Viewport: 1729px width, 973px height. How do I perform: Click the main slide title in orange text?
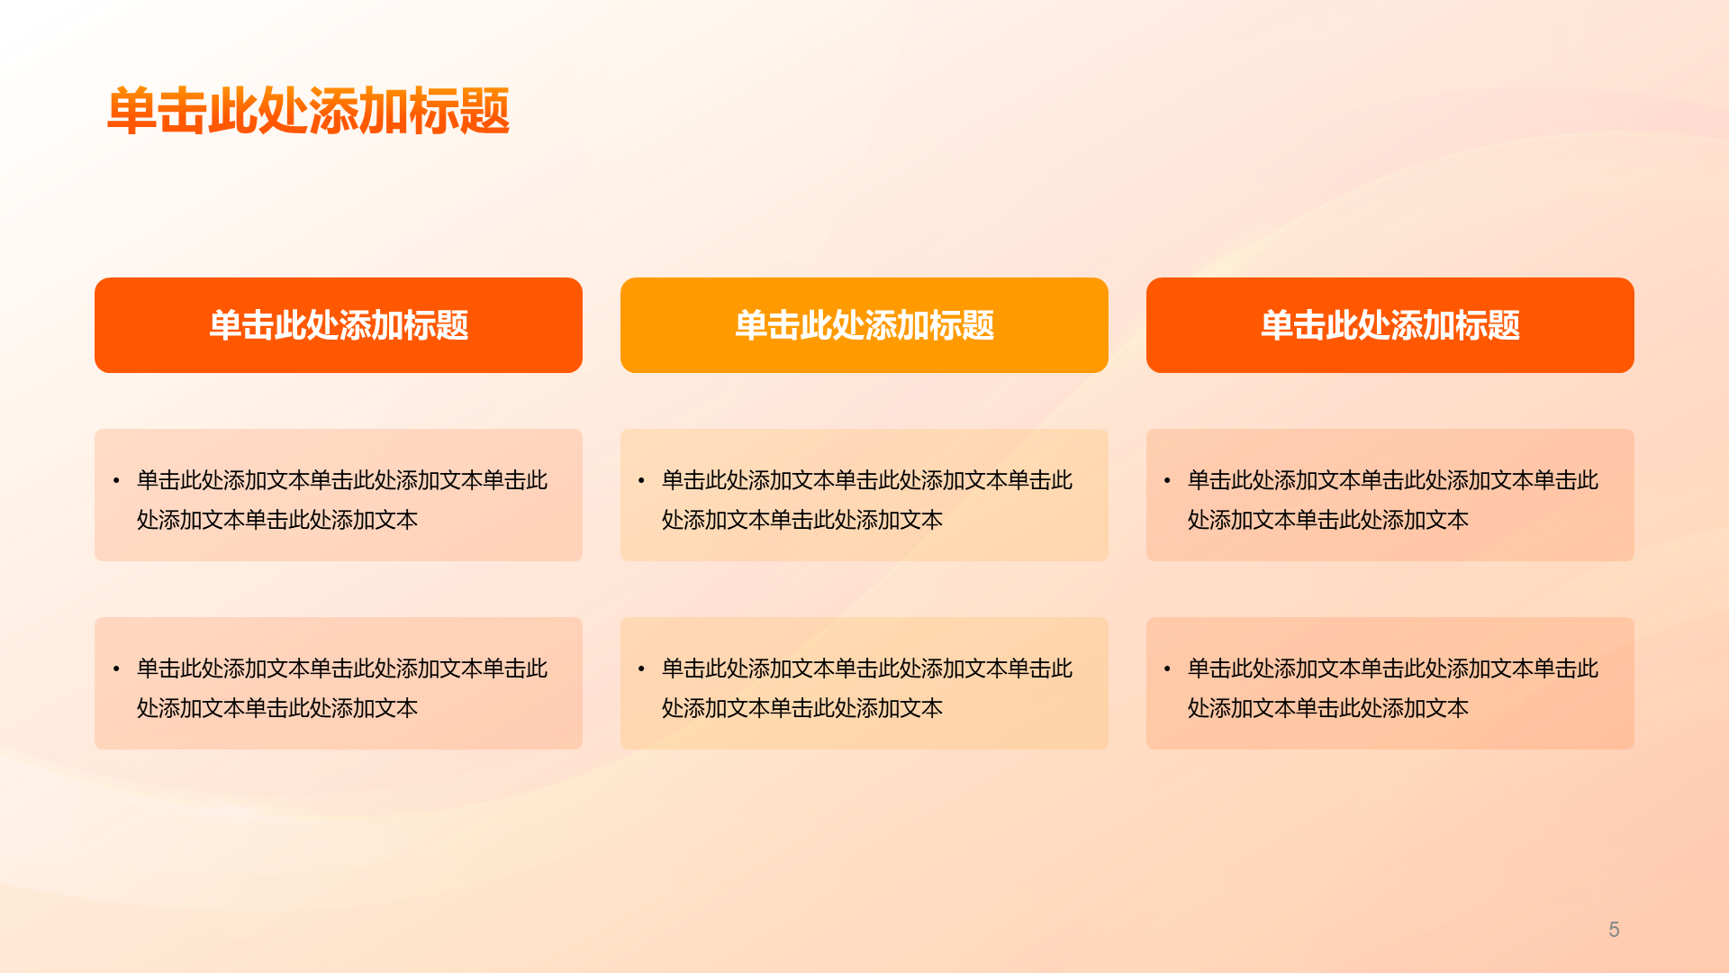(309, 112)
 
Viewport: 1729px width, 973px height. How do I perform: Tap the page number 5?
(1614, 930)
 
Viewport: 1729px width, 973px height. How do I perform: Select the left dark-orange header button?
(339, 325)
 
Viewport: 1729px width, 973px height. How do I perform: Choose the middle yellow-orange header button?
(864, 325)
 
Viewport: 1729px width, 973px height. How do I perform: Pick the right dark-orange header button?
(1390, 325)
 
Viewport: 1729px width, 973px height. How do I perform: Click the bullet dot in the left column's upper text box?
(116, 481)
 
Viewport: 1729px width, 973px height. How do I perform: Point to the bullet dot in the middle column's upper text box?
(641, 481)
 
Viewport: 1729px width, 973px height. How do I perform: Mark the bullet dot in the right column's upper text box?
(1167, 481)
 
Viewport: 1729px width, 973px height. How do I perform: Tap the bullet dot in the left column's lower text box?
(116, 669)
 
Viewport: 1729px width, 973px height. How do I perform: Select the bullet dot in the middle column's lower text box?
(641, 669)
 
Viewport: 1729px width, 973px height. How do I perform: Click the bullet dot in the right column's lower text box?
(1167, 669)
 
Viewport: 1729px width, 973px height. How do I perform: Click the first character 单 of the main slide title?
(131, 112)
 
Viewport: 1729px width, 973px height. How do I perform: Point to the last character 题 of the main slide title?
(485, 112)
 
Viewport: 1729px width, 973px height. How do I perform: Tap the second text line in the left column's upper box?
(277, 520)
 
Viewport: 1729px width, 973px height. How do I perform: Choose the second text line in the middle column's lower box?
(802, 708)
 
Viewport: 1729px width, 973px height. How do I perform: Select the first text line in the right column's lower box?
(1393, 668)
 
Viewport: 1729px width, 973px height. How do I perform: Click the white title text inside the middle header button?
(864, 325)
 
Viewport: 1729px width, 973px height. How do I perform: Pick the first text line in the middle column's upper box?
(867, 480)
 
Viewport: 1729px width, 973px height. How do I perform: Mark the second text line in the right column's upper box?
(1328, 520)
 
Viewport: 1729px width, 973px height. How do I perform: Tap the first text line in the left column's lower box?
(342, 668)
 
